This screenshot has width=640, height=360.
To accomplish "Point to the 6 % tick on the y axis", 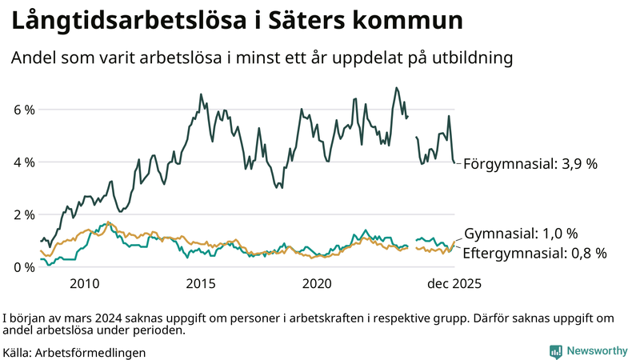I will click(x=23, y=110).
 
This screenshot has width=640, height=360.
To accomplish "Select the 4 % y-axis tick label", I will click(x=23, y=162).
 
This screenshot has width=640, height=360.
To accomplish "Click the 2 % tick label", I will click(x=23, y=215).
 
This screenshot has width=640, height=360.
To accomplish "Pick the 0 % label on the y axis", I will click(x=23, y=267).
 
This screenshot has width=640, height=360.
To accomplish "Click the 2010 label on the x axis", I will click(x=85, y=284).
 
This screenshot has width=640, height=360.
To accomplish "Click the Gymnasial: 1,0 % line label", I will click(x=521, y=234).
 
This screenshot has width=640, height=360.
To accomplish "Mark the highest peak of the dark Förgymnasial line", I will click(x=396, y=88).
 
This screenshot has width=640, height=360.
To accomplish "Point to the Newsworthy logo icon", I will click(x=555, y=351).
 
